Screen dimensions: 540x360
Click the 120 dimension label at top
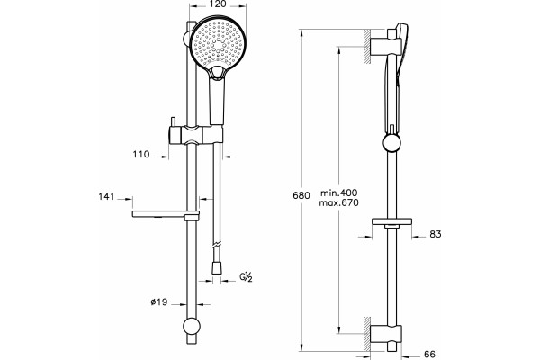218,4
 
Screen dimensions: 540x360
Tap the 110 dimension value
141,154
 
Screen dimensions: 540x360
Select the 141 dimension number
106,197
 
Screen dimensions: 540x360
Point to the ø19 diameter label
158,302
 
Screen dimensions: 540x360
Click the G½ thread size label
247,277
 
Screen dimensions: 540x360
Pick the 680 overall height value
301,195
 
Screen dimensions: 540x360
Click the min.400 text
339,193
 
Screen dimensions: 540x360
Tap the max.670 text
338,202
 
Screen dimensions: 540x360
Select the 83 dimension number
436,234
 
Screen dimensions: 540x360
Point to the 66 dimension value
429,354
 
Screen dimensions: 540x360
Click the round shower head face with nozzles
218,43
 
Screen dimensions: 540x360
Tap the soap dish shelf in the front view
166,214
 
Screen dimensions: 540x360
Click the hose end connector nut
216,268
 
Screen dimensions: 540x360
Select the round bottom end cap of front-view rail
191,326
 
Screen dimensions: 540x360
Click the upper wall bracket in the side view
386,47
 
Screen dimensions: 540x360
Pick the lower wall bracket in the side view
386,334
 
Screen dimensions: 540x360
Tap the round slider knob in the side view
391,142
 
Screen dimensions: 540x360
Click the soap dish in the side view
391,221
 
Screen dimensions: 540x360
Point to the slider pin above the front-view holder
173,122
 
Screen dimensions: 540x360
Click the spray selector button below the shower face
217,74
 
